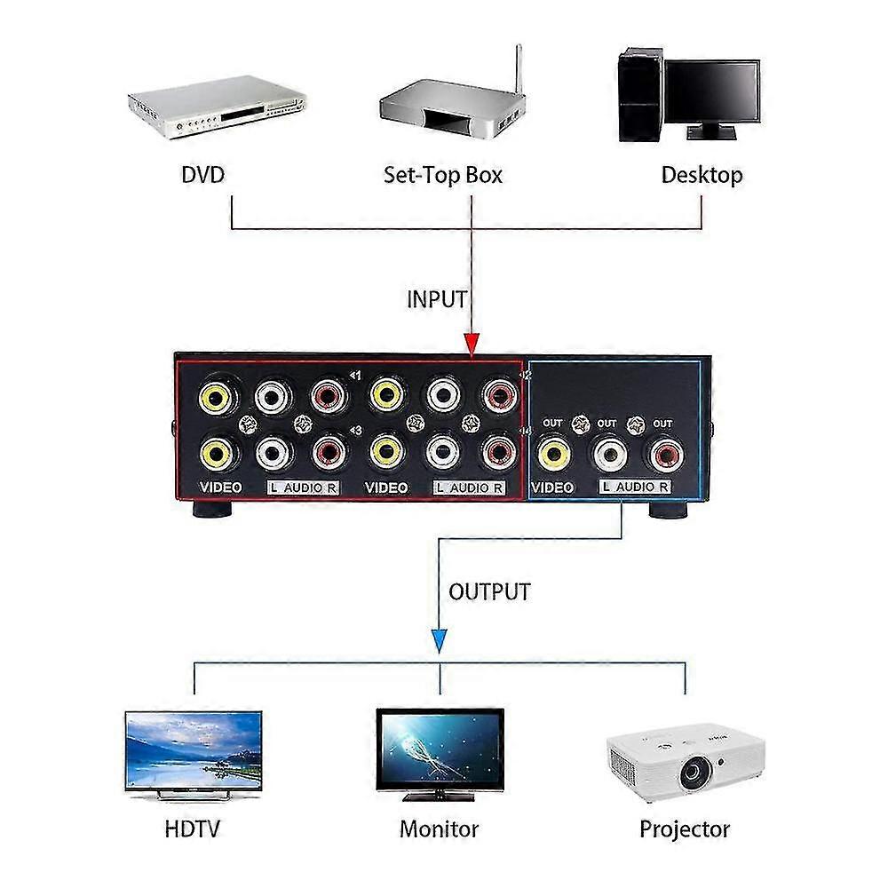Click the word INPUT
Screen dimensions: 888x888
pos(436,299)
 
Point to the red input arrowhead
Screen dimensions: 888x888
pos(471,345)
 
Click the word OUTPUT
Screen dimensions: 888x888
pos(489,591)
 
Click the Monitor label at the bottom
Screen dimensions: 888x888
pos(439,829)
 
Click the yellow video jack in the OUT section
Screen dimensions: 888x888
pos(554,456)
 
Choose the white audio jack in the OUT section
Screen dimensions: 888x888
pos(608,456)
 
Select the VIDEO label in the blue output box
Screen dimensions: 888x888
pos(551,488)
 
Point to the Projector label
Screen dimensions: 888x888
pos(684,829)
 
